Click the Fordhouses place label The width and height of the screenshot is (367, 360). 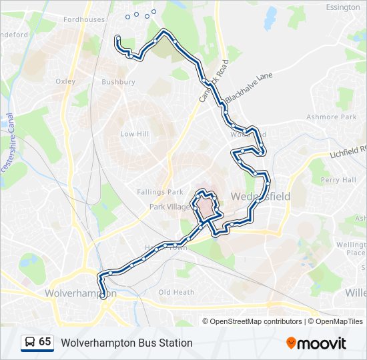tap(84, 19)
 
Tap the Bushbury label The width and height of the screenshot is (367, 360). tap(118, 82)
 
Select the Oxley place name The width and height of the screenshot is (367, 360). tap(65, 81)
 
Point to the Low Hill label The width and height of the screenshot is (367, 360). tap(133, 134)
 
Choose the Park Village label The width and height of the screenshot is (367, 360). tap(169, 207)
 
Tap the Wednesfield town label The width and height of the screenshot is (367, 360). tap(260, 197)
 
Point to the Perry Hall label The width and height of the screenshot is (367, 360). tap(338, 180)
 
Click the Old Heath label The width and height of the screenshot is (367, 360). tap(176, 292)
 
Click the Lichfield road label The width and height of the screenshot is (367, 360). tap(348, 153)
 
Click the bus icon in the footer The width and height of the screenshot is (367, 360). tap(29, 343)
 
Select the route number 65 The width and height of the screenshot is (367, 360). tap(45, 342)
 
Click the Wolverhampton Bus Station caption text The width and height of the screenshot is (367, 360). tap(127, 343)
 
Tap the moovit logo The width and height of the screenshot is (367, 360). tap(316, 343)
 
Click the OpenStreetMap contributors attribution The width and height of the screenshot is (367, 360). tap(256, 321)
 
